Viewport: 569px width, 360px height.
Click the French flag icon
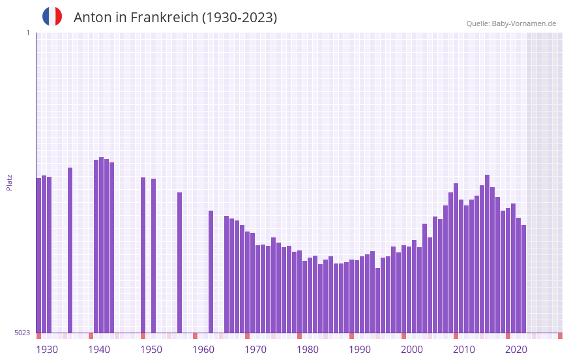pos(52,16)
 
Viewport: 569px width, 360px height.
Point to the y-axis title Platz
pos(9,182)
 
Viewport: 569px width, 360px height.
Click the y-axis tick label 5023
pos(22,333)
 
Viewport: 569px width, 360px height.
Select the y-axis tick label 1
pos(27,33)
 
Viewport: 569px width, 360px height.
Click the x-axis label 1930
pos(47,350)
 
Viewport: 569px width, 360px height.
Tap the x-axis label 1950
pos(151,350)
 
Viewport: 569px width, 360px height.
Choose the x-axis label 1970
pos(255,350)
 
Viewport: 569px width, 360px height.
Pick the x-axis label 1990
pos(360,350)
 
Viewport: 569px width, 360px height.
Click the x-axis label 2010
pos(464,350)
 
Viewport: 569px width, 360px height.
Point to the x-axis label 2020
pos(516,350)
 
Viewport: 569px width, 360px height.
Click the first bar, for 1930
pos(38,255)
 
